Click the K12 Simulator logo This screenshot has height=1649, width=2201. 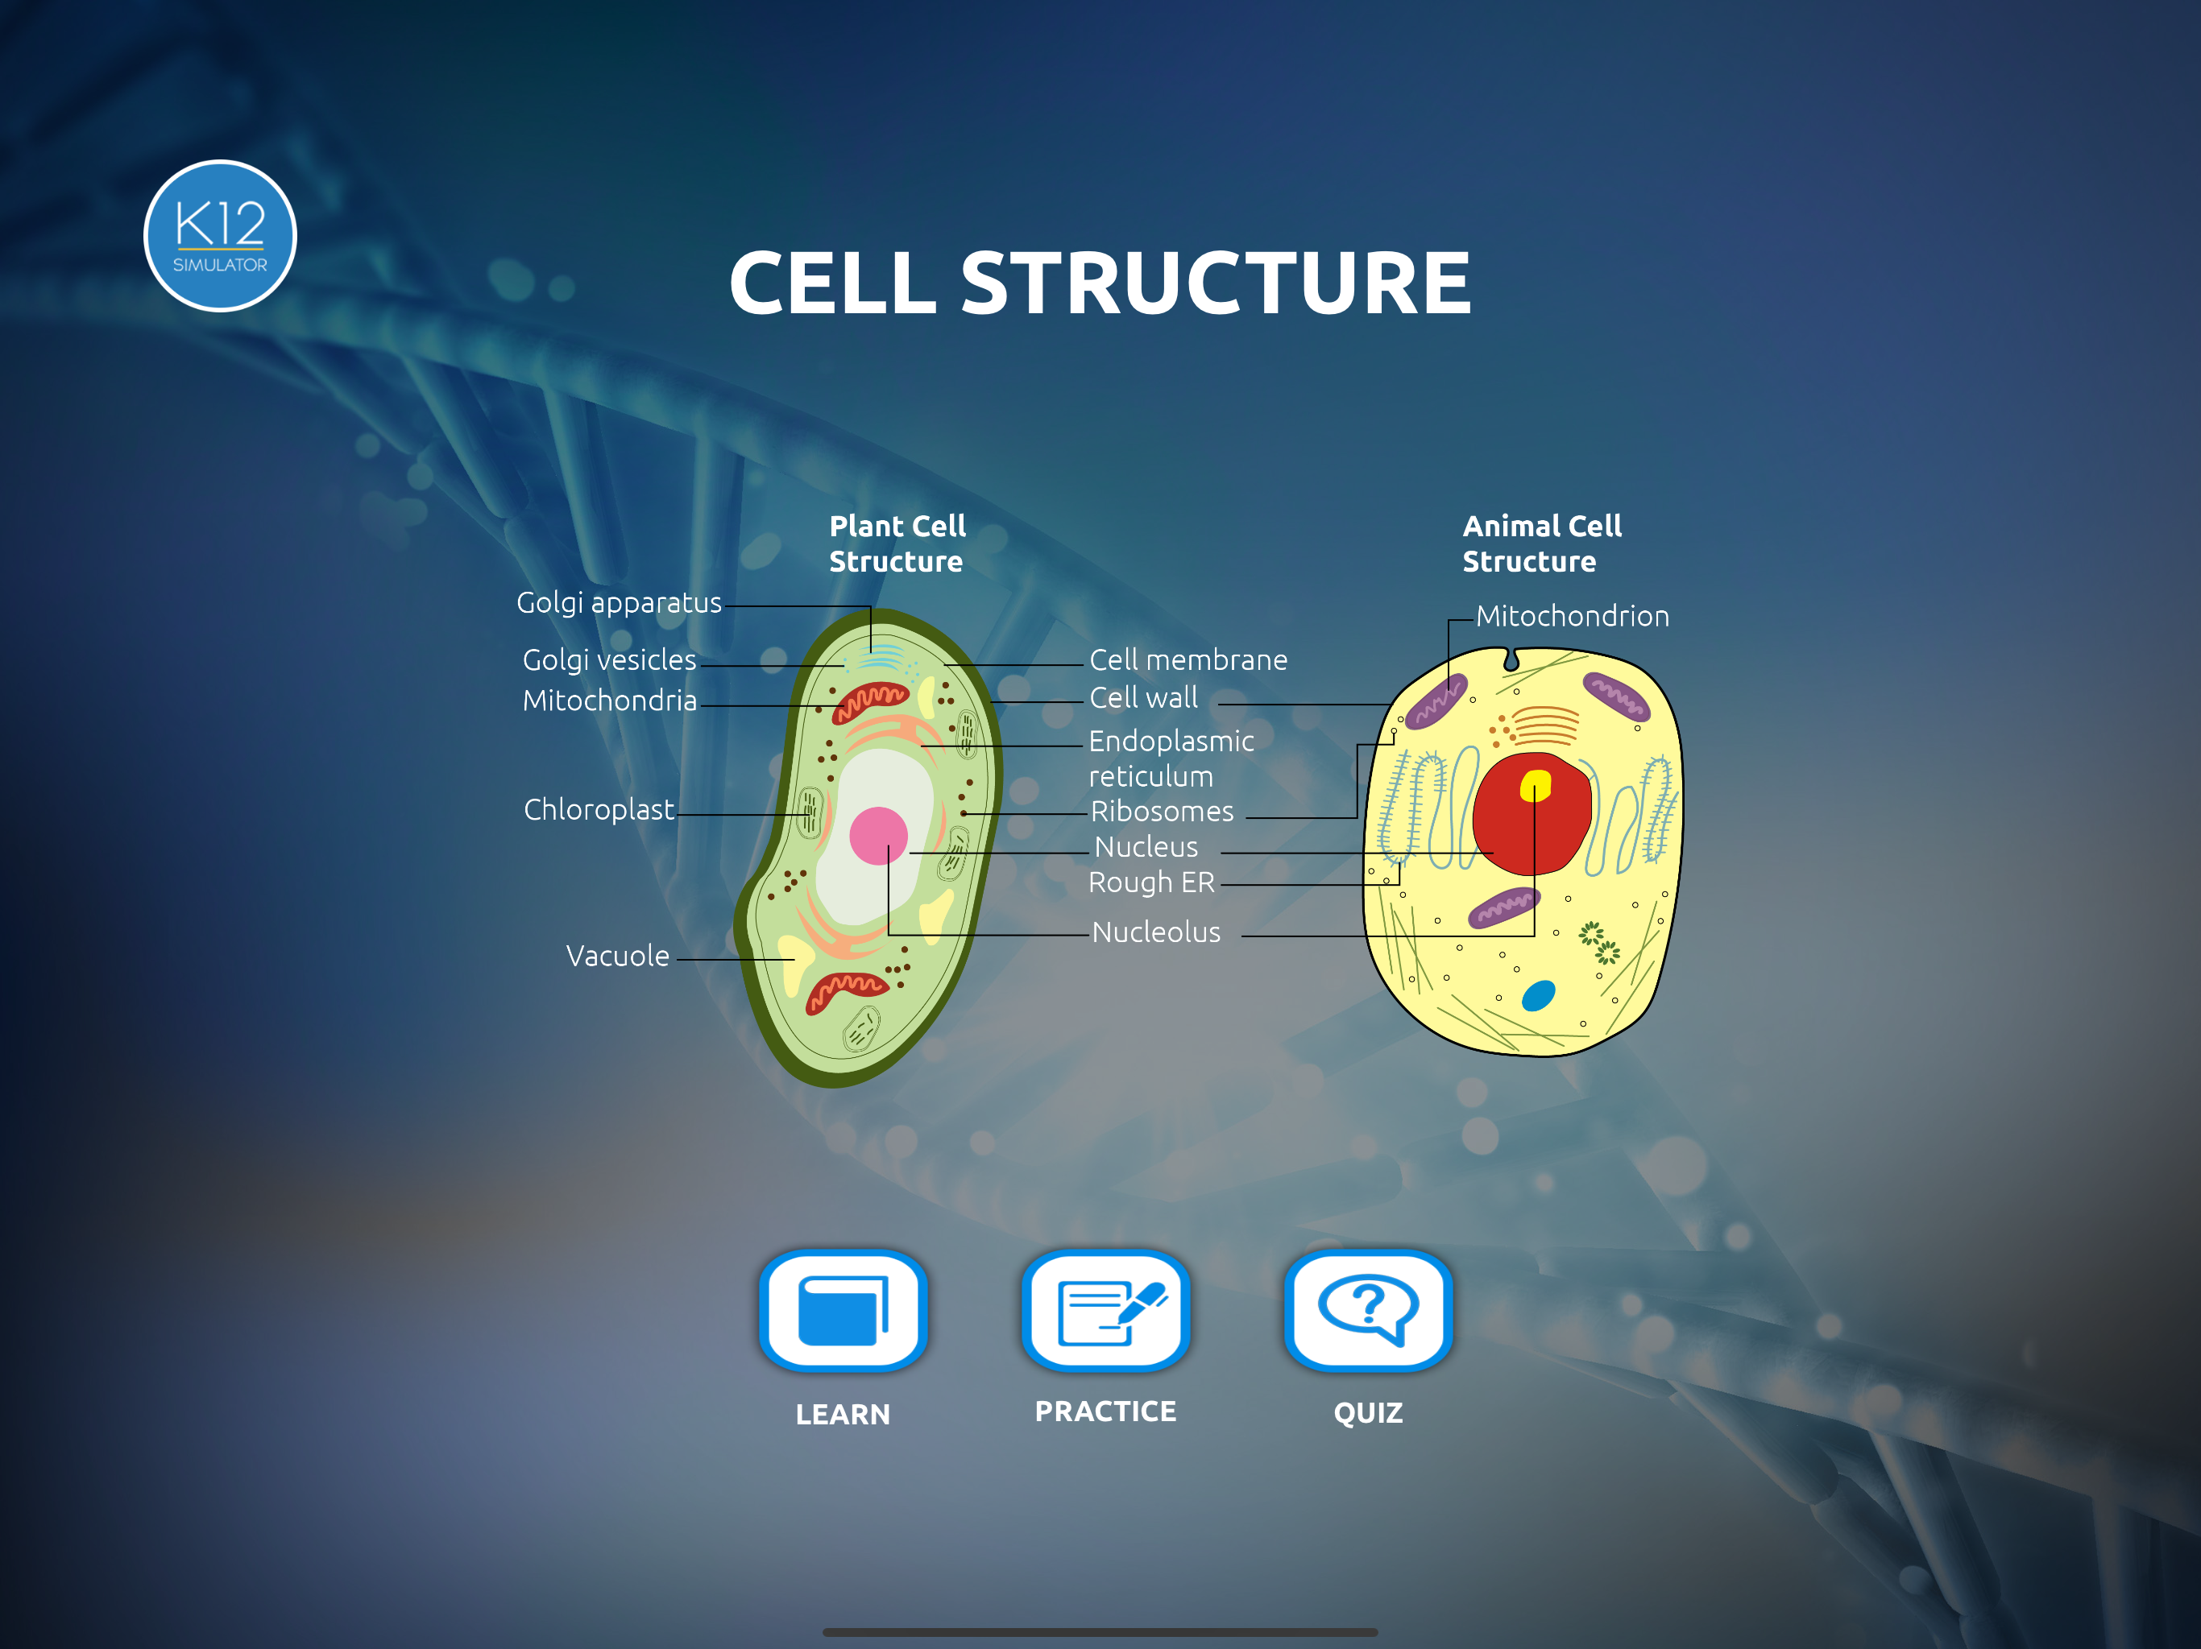[220, 236]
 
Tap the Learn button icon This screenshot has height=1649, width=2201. [843, 1310]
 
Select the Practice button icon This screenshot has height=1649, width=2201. [1105, 1310]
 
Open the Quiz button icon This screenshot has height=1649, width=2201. [1368, 1310]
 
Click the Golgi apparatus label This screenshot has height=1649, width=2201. [619, 603]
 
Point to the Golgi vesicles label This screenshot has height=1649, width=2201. [609, 660]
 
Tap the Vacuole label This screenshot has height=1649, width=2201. [618, 956]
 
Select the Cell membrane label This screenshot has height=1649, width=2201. [1188, 660]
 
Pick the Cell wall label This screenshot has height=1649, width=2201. [1143, 698]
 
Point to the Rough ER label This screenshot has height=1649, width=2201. [1151, 882]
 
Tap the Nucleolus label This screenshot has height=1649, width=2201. [1156, 932]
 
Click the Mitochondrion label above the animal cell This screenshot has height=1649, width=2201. [1572, 617]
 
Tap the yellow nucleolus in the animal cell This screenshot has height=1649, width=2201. [1536, 786]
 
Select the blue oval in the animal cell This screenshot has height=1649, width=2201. [1538, 995]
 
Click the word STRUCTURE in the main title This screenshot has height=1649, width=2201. [1215, 283]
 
